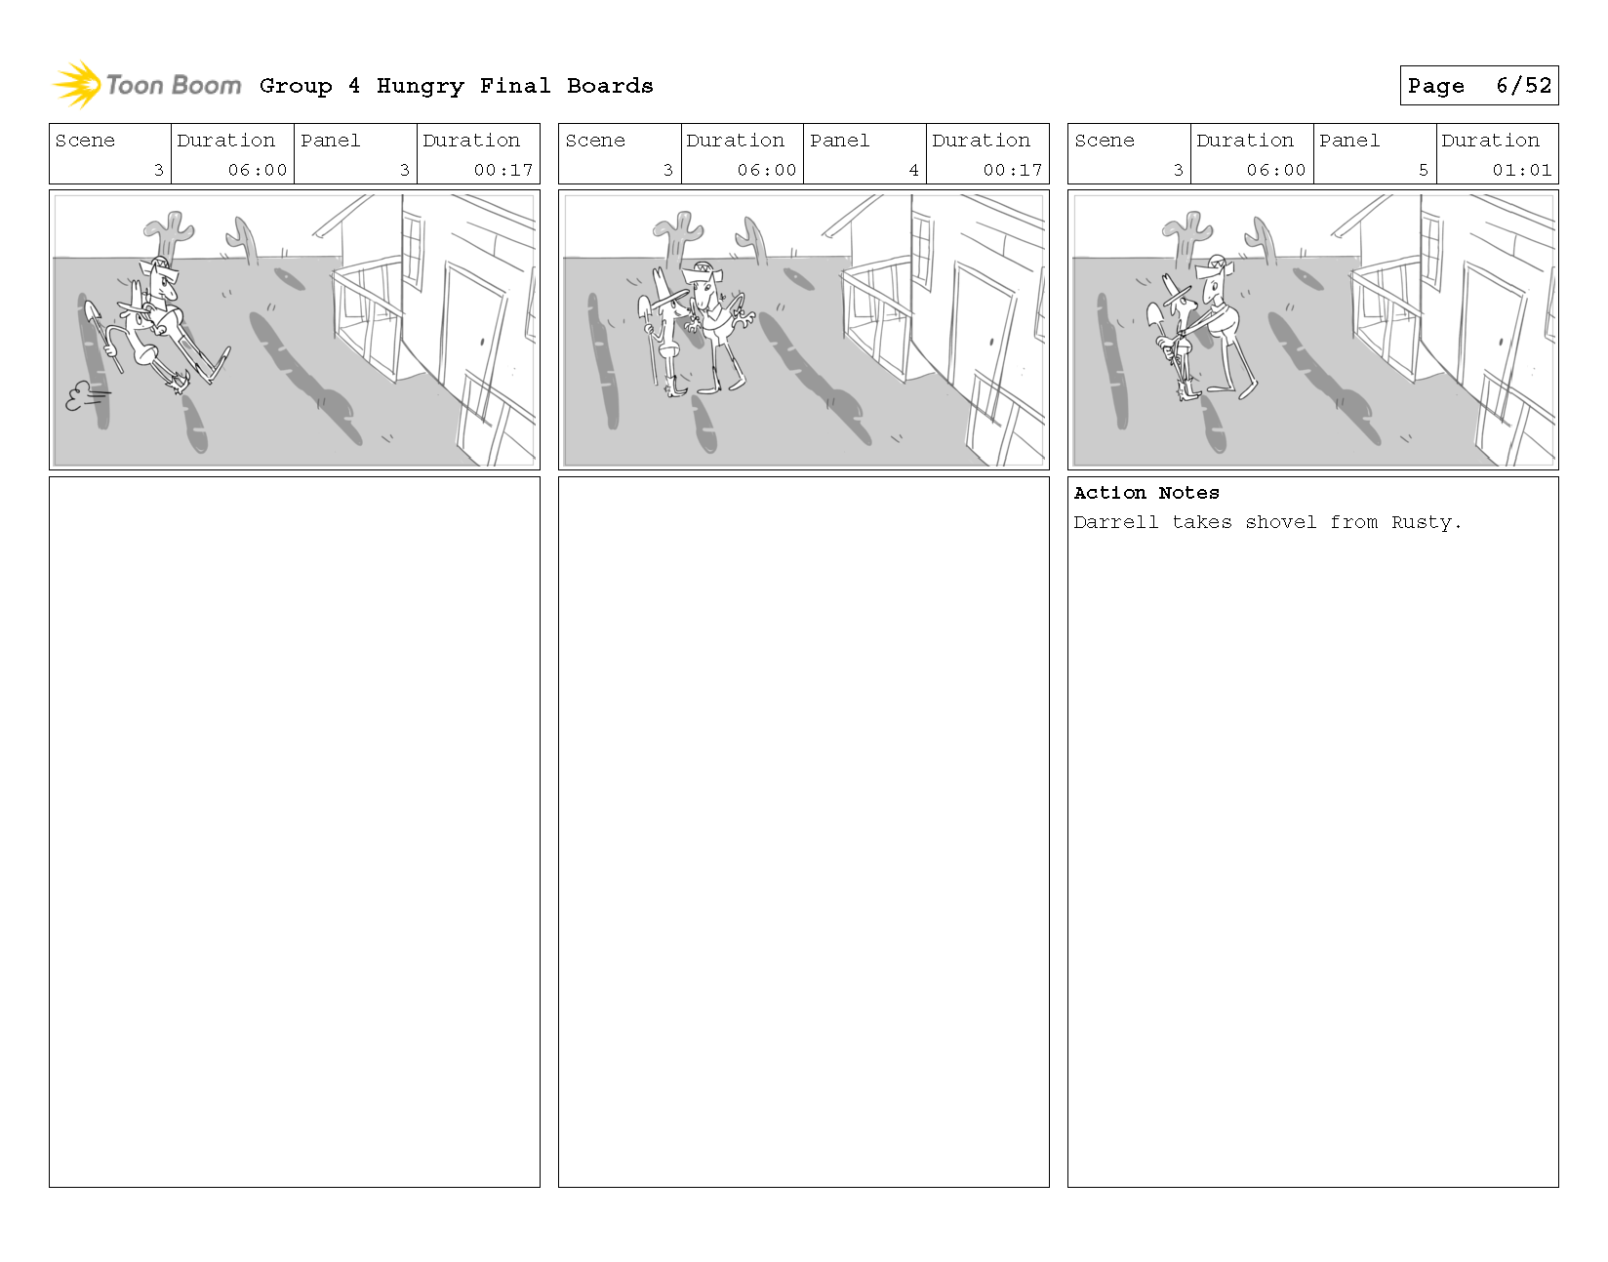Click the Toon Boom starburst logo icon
pyautogui.click(x=76, y=84)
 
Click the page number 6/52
pyautogui.click(x=1524, y=86)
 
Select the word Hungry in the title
pyautogui.click(x=420, y=87)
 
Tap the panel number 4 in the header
pyautogui.click(x=914, y=170)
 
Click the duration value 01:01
pyautogui.click(x=1521, y=170)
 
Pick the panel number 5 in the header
pyautogui.click(x=1423, y=170)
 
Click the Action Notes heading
pyautogui.click(x=1146, y=493)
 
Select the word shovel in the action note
pyautogui.click(x=1280, y=522)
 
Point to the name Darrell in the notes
pyautogui.click(x=1116, y=522)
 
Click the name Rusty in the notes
pyautogui.click(x=1426, y=522)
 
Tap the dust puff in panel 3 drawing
pyautogui.click(x=84, y=396)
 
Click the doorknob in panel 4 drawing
pyautogui.click(x=991, y=343)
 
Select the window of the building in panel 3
pyautogui.click(x=413, y=250)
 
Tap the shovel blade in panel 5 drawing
pyautogui.click(x=1154, y=315)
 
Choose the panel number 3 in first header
pyautogui.click(x=404, y=170)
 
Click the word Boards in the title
pyautogui.click(x=610, y=87)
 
